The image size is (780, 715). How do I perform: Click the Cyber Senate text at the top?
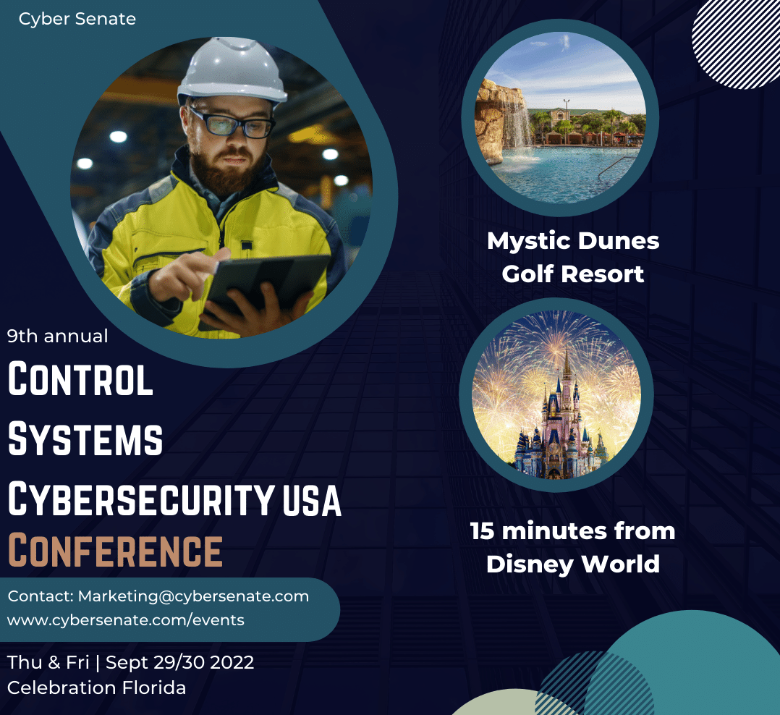77,19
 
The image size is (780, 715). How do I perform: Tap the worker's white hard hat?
232,70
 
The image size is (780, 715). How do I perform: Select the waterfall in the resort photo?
517,124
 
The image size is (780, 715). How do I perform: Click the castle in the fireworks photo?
559,428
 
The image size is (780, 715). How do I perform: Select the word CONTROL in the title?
80,379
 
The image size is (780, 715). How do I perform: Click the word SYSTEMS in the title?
85,439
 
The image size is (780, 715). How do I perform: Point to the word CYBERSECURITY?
141,499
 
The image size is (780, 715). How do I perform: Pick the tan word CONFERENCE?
116,550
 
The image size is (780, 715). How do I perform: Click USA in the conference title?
312,500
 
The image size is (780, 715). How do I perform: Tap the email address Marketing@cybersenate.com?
193,596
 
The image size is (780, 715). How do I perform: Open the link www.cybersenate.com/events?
126,620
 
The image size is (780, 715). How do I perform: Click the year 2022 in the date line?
232,663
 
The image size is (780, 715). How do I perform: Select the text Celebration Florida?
96,688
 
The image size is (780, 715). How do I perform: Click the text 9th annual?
58,337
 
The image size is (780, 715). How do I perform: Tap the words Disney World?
573,564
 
